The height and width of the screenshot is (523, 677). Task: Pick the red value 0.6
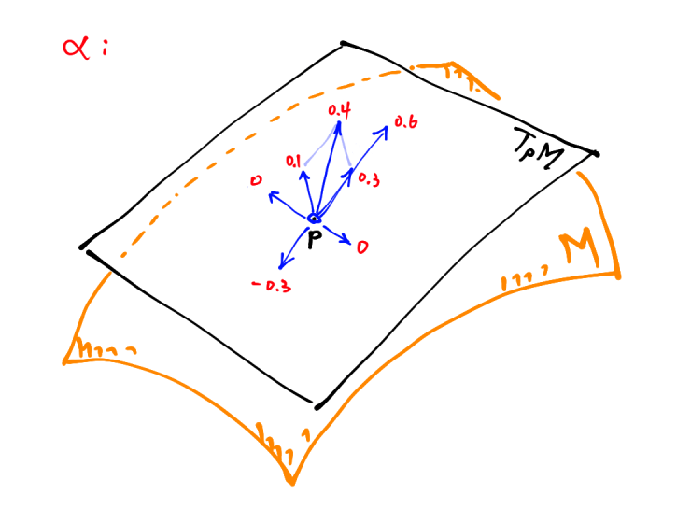(x=405, y=122)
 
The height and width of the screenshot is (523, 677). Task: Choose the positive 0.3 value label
(x=367, y=180)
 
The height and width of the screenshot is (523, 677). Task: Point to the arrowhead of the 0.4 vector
(x=337, y=126)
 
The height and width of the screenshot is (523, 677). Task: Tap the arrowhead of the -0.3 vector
(x=281, y=266)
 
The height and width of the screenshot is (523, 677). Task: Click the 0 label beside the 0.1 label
(x=255, y=180)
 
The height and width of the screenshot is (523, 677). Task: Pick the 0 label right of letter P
(x=362, y=247)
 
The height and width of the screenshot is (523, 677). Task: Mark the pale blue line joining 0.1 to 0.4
(x=319, y=148)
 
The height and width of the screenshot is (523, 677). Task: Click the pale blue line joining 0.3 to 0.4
(x=345, y=148)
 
